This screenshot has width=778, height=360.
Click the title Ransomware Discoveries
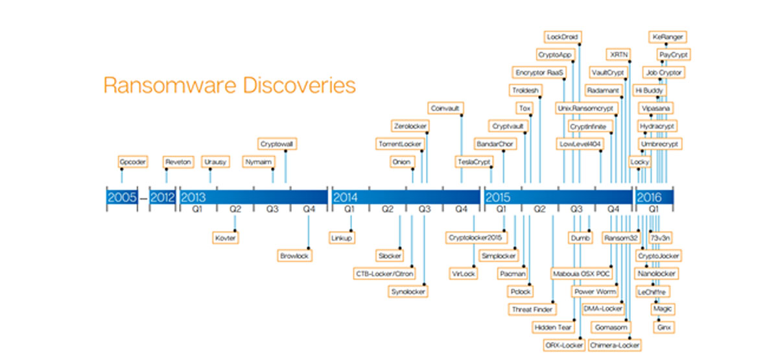[230, 86]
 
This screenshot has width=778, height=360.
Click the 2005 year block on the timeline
[122, 197]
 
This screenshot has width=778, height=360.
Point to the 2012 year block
[162, 197]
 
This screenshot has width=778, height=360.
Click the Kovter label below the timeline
[226, 237]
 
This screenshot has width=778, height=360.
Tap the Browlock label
[295, 256]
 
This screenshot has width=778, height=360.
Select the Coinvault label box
[445, 107]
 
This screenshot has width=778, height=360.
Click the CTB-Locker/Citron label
[384, 274]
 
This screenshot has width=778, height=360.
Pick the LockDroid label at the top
[562, 36]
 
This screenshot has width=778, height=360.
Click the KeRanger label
[667, 36]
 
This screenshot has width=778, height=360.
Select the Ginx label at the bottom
[664, 328]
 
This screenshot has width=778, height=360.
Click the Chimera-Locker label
[615, 345]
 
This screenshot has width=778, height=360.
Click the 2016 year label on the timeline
[648, 197]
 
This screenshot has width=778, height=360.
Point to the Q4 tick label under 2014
[461, 210]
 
